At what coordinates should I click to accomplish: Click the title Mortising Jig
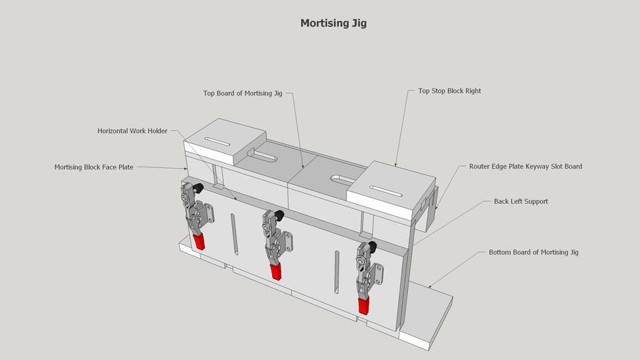333,23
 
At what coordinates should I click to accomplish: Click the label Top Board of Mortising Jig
243,93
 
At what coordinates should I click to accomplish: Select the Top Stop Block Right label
449,91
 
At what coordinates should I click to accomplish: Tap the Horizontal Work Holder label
132,131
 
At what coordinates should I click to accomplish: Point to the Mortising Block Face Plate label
94,167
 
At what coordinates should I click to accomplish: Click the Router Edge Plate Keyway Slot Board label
525,167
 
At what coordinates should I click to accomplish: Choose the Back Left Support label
520,201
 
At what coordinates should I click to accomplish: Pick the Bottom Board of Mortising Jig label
533,252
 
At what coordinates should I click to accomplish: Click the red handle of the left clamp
199,243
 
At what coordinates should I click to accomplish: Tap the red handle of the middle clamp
276,271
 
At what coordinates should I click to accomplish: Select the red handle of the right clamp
363,306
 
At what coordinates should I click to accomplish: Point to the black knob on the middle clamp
279,214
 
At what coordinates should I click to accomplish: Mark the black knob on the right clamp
371,246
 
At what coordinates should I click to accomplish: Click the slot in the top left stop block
217,142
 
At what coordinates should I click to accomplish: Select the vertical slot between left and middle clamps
235,236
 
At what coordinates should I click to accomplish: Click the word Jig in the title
358,23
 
